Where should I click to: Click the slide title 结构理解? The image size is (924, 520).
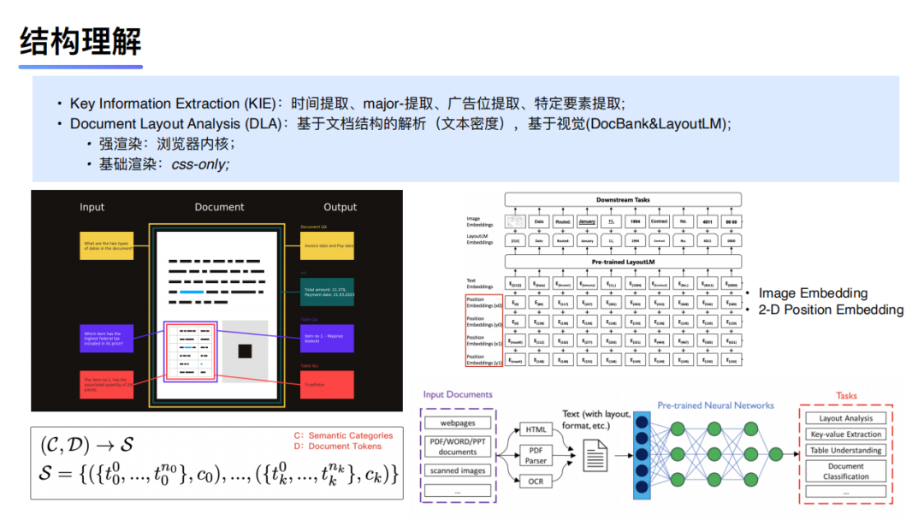pyautogui.click(x=80, y=40)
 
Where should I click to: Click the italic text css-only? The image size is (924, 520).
pyautogui.click(x=200, y=162)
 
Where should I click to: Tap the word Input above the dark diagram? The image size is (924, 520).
pyautogui.click(x=92, y=207)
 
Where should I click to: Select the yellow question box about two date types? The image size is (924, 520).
pyautogui.click(x=106, y=246)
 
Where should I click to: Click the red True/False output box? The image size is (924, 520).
pyautogui.click(x=327, y=384)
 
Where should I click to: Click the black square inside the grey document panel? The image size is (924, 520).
pyautogui.click(x=246, y=351)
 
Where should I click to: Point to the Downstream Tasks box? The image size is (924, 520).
pyautogui.click(x=623, y=199)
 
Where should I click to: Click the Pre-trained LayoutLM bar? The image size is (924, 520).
pyautogui.click(x=623, y=261)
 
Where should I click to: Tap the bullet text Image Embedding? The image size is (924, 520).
pyautogui.click(x=813, y=293)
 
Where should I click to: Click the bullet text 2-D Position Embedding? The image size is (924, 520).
pyautogui.click(x=831, y=310)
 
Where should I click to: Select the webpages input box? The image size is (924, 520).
pyautogui.click(x=458, y=422)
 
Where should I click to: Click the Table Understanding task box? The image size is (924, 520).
pyautogui.click(x=845, y=450)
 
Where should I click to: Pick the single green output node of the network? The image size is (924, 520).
pyautogui.click(x=775, y=453)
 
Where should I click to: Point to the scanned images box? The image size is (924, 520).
pyautogui.click(x=458, y=470)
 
